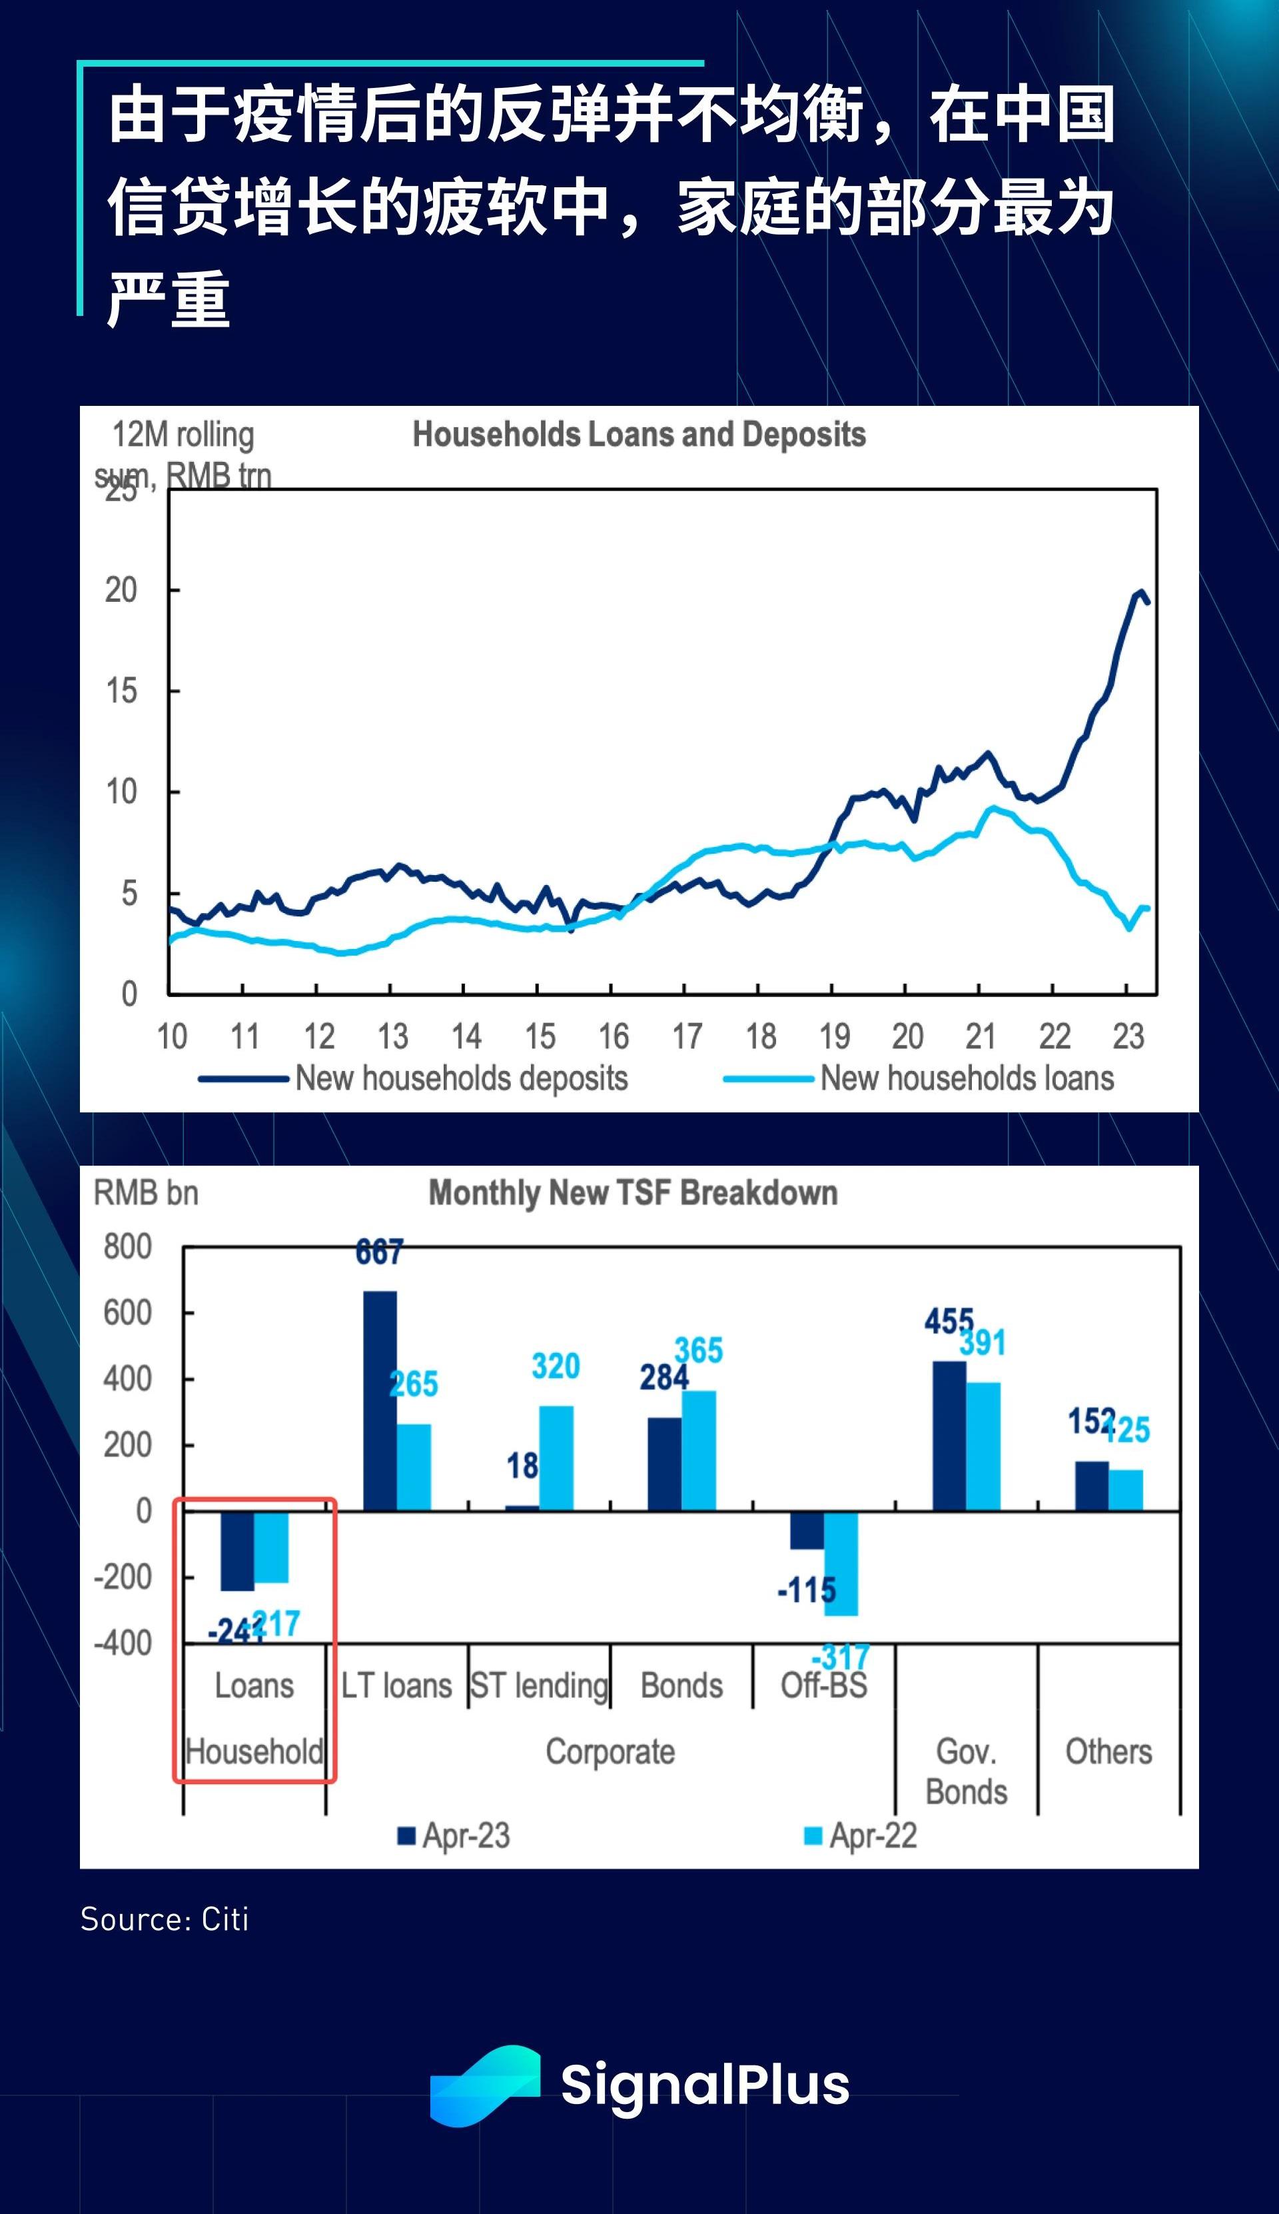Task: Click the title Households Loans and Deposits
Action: pos(639,434)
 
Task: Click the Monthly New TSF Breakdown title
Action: pos(632,1192)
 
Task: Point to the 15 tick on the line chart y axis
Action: pos(121,690)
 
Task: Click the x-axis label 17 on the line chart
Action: pos(687,1037)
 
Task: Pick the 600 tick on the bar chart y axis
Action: pos(127,1312)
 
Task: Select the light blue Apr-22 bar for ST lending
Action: pos(556,1458)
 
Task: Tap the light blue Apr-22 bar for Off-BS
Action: pos(841,1563)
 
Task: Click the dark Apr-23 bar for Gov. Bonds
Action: pos(949,1436)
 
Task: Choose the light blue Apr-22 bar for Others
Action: pos(1125,1490)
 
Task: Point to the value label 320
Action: pos(555,1366)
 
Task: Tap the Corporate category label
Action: pos(610,1751)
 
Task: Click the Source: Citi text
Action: pos(165,1919)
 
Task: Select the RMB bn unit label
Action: pos(146,1192)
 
